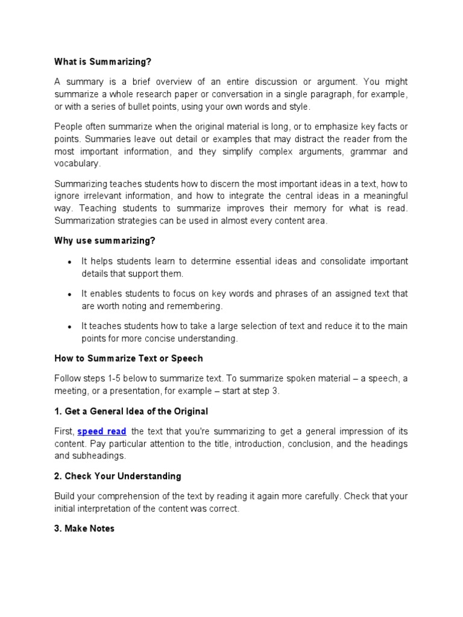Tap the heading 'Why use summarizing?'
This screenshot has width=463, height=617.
pos(104,240)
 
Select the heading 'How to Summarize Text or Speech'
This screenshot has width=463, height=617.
pos(128,358)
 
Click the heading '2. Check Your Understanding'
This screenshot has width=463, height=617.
pos(118,476)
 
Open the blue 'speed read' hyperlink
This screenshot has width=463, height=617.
pos(102,431)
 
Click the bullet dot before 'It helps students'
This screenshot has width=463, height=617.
pos(70,262)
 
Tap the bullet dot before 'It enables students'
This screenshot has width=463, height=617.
pos(70,295)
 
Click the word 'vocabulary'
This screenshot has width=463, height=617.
pos(77,163)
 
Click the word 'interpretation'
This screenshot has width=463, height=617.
pos(102,509)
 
